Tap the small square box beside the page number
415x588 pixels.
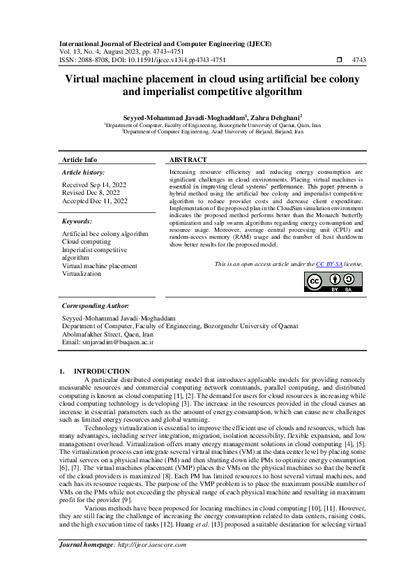click(x=340, y=60)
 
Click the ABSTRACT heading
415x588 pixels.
click(x=188, y=160)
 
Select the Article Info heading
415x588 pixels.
click(x=80, y=160)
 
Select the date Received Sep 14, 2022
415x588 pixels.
click(x=95, y=185)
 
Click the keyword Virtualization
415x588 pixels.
click(x=82, y=274)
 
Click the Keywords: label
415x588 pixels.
click(x=77, y=221)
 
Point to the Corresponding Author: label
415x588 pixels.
click(x=96, y=306)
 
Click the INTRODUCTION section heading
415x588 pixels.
click(x=102, y=371)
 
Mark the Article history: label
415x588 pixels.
click(x=84, y=172)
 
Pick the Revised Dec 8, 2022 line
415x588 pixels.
click(x=91, y=193)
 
